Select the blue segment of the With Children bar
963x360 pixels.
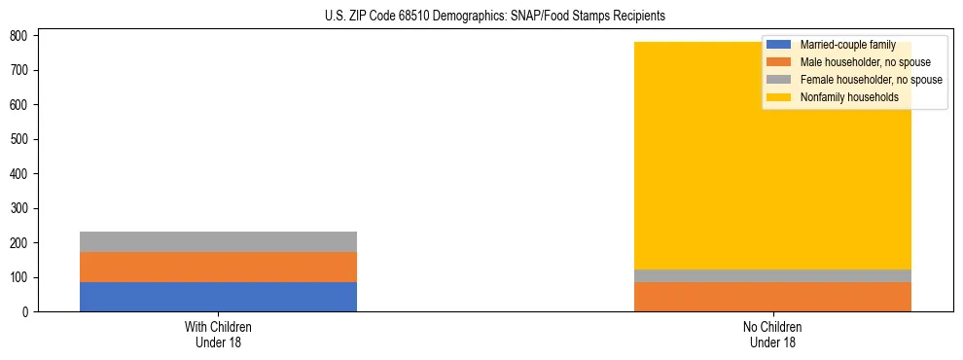tap(218, 297)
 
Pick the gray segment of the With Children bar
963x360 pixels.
tap(218, 241)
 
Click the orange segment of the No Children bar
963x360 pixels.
tap(772, 297)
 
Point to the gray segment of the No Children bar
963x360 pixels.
tap(772, 275)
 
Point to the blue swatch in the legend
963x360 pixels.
tap(779, 45)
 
